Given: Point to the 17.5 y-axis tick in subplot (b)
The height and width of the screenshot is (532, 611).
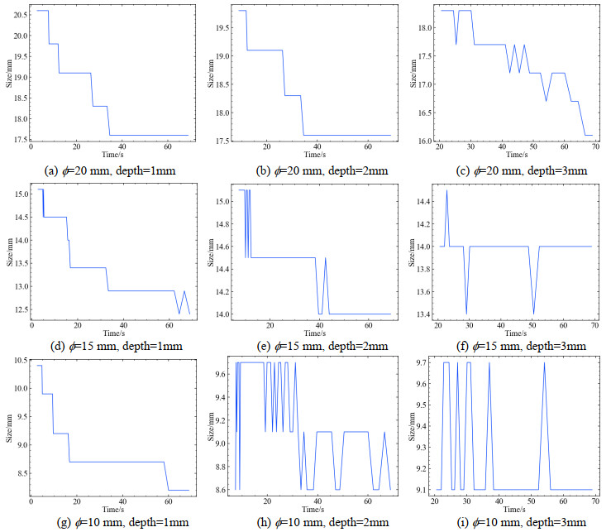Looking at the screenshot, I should pos(216,141).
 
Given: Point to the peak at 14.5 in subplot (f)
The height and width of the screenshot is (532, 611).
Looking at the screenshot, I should pos(447,191).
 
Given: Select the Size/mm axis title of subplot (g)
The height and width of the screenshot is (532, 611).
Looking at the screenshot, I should pos(7,428).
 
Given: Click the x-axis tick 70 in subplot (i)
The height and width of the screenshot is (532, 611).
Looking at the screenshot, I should pos(588,502).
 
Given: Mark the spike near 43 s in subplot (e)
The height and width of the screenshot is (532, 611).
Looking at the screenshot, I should pos(325,258).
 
